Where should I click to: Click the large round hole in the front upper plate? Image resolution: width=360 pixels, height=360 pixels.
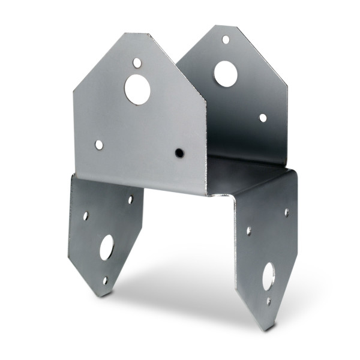pos(137,89)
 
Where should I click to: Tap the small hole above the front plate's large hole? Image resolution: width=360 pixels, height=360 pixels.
pos(137,62)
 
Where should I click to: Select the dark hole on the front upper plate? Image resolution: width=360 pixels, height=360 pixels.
pos(179,153)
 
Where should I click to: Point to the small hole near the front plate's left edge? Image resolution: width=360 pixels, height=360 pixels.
pos(99,145)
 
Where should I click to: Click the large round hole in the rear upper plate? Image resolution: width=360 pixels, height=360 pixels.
pos(225,73)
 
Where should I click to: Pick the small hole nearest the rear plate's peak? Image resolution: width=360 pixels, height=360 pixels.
pos(226,40)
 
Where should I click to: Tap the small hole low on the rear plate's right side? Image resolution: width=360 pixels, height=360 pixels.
pos(263,118)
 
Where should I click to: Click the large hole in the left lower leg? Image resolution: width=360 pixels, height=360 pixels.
pos(107,247)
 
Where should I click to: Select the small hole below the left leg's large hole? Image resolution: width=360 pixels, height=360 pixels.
pos(105,280)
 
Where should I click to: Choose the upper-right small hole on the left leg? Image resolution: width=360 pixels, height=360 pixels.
pos(130,199)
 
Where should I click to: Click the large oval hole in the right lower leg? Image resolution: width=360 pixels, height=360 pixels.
pos(268,276)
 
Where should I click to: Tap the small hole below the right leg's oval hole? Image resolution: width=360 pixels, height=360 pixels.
pos(268,301)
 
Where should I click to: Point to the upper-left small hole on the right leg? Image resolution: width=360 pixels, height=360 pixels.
pos(248,230)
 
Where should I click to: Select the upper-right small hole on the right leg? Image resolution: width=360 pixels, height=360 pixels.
pos(286,212)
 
